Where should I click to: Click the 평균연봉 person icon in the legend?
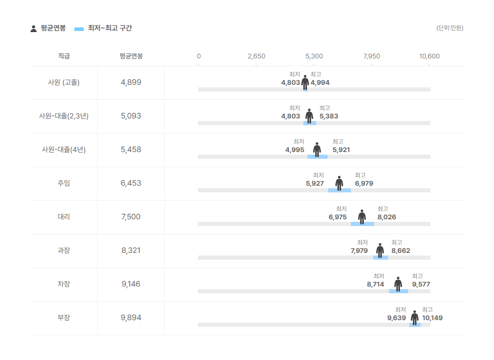point(34,28)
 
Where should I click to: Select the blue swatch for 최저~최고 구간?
point(79,29)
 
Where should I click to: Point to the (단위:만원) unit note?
point(450,28)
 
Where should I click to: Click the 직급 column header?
point(64,56)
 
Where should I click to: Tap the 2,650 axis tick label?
point(256,56)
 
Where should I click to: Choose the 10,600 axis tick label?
point(429,56)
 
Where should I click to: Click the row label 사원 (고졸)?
point(64,82)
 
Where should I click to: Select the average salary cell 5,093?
point(131,116)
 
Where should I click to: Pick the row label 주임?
point(64,183)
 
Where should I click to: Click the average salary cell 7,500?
point(131,217)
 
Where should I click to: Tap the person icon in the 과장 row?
point(380,251)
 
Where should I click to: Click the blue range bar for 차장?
point(398,291)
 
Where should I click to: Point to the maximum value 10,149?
point(432,318)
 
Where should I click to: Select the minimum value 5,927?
point(315,184)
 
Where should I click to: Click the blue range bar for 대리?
point(362,224)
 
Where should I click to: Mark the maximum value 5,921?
point(341,149)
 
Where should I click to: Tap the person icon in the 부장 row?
point(414,318)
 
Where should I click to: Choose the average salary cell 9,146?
point(131,284)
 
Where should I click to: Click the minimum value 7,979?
point(359,251)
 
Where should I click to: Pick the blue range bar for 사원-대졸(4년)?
point(318,157)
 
